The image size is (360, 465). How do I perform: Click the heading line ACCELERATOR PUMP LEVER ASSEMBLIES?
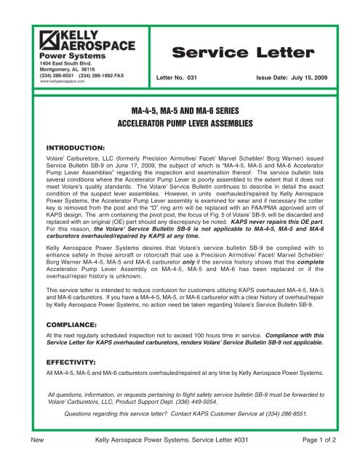180,124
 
